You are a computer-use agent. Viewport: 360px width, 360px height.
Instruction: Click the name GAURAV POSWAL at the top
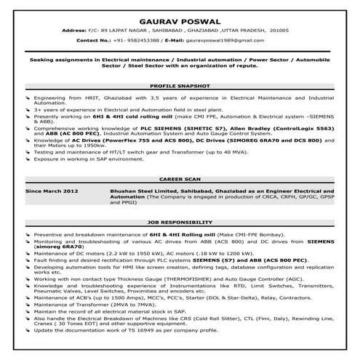(180, 15)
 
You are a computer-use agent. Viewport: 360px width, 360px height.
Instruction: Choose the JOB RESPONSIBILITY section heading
(180, 221)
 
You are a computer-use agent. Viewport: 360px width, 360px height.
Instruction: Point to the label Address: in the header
(74, 31)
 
